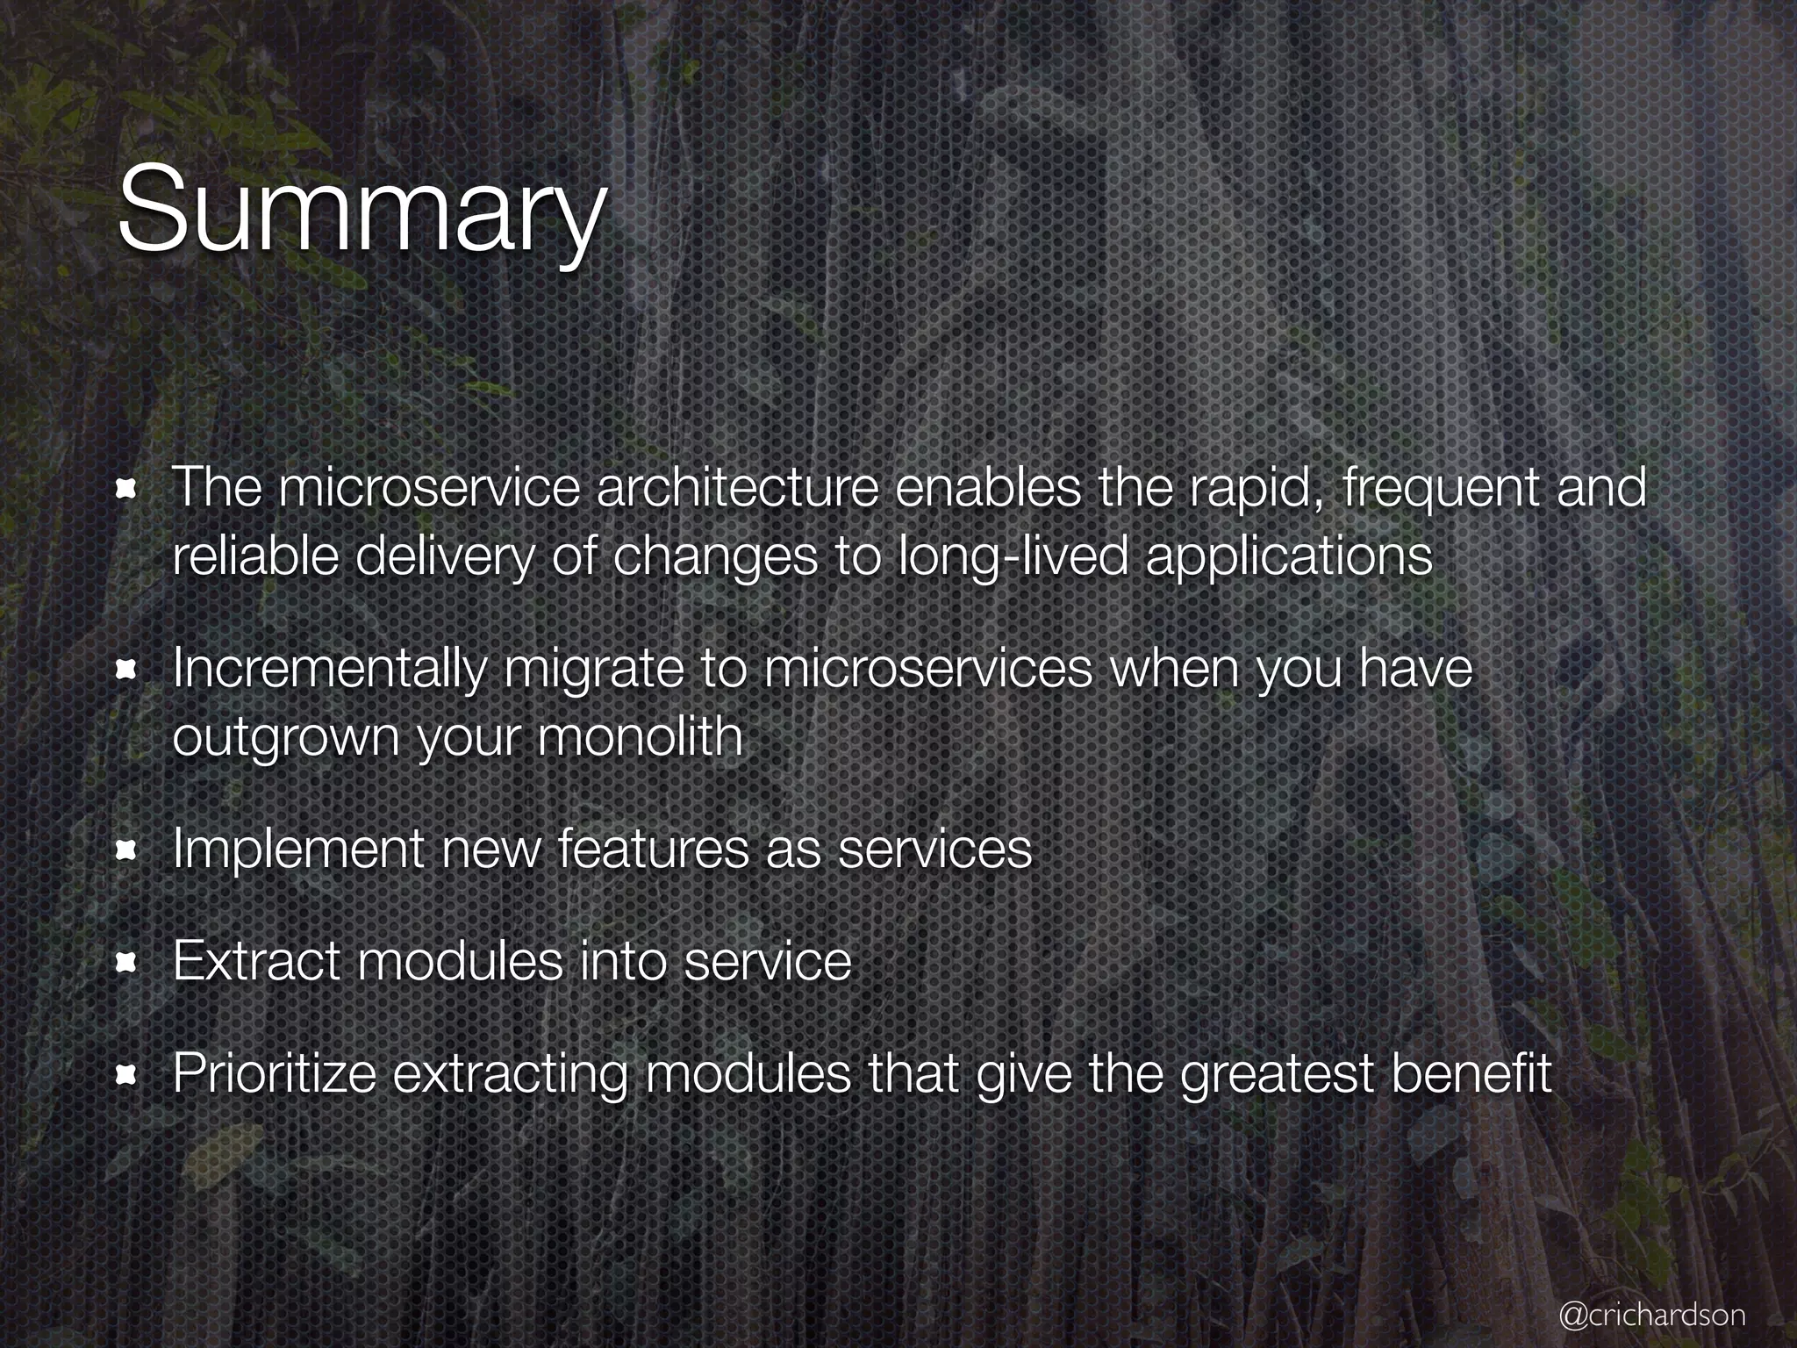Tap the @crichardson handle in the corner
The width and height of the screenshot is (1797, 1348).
(x=1651, y=1314)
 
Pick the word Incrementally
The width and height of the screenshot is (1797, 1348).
(x=328, y=669)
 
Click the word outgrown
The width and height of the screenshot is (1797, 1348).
(x=286, y=737)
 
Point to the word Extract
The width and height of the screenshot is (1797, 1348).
(x=256, y=961)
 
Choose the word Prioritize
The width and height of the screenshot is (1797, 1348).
(x=274, y=1073)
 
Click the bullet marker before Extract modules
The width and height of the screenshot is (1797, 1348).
(x=127, y=963)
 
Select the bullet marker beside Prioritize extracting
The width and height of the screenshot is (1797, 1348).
(x=127, y=1074)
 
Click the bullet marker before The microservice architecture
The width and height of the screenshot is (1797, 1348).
(x=127, y=488)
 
